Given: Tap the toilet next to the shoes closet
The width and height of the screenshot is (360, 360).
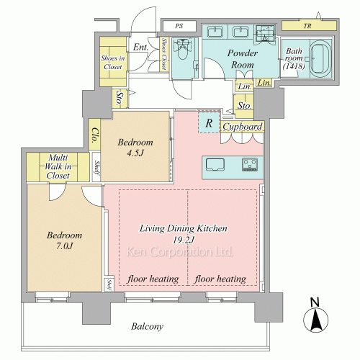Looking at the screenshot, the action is pyautogui.click(x=184, y=49).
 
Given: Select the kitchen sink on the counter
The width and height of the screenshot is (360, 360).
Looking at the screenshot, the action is pyautogui.click(x=215, y=165).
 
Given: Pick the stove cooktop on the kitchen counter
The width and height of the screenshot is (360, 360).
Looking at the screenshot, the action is pyautogui.click(x=250, y=164).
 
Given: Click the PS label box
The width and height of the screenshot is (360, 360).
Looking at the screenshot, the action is pyautogui.click(x=179, y=26).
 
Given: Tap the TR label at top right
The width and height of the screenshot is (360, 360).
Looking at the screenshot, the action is pyautogui.click(x=307, y=26).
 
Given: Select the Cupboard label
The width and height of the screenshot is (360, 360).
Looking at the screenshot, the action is pyautogui.click(x=243, y=127).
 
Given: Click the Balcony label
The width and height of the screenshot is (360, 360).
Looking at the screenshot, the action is pyautogui.click(x=147, y=326).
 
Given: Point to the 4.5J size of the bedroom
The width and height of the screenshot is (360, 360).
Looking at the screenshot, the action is pyautogui.click(x=135, y=153).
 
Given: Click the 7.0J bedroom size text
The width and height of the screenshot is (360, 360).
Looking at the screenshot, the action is pyautogui.click(x=64, y=246).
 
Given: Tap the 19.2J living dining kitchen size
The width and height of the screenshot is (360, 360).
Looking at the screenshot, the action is pyautogui.click(x=184, y=240).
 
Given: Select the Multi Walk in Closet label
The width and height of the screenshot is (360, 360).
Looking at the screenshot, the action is pyautogui.click(x=58, y=166).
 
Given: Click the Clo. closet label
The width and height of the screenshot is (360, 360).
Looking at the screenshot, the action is pyautogui.click(x=95, y=135).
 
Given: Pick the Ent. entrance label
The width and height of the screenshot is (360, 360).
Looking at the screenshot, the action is pyautogui.click(x=140, y=47).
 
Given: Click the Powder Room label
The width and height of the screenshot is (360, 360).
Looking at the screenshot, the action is pyautogui.click(x=243, y=59).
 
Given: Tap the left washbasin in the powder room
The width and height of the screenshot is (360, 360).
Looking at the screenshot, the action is pyautogui.click(x=215, y=32).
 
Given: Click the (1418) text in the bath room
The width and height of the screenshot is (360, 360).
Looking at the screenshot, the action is pyautogui.click(x=294, y=66).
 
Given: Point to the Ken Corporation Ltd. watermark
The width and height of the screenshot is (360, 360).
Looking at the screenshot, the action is pyautogui.click(x=179, y=251).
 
